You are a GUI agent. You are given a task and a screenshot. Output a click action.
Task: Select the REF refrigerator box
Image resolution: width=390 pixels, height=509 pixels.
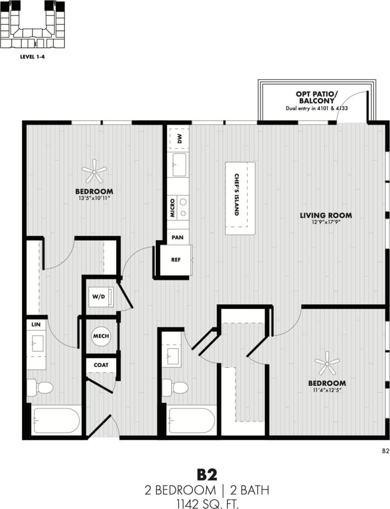point(176,260)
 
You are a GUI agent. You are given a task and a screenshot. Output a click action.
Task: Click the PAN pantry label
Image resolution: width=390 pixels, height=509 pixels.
point(177,238)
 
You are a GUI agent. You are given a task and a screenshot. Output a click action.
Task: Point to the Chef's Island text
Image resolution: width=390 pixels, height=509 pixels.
point(237,194)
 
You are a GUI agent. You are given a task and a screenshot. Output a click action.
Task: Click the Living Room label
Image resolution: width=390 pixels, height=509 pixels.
point(325,215)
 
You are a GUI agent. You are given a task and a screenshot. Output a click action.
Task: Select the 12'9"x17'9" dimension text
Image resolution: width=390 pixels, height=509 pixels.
point(325,223)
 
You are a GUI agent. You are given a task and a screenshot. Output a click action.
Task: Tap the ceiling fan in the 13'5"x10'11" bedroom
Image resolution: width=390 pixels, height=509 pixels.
point(94,172)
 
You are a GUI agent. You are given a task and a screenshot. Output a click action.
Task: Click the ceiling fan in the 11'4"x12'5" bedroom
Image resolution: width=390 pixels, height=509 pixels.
point(327,363)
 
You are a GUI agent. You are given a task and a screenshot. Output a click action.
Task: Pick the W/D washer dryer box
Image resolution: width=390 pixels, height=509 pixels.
point(101,297)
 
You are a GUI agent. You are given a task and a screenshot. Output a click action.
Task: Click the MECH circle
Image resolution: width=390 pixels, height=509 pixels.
point(101,336)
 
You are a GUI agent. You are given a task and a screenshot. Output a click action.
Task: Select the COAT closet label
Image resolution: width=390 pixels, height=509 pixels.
point(101,365)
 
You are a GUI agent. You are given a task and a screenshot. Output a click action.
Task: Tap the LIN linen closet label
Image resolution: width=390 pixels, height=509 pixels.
point(35,324)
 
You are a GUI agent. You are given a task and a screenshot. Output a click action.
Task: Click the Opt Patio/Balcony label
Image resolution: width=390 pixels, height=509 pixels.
point(317,97)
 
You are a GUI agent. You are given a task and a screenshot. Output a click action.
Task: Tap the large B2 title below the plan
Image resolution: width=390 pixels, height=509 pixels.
point(207,475)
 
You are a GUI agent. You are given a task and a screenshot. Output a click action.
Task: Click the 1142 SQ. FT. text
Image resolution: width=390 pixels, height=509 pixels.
point(207,503)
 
